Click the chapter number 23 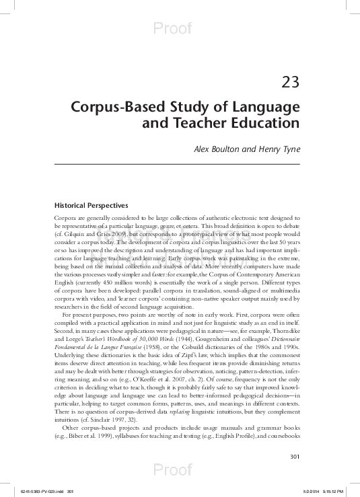[289, 83]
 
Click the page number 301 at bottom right [294, 438]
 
